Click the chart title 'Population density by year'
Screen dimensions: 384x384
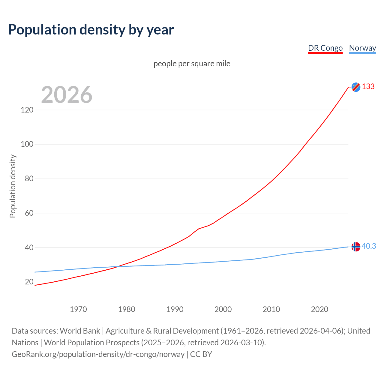[x=91, y=30]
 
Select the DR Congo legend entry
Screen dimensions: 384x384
[x=325, y=48]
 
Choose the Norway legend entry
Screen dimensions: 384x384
[x=362, y=48]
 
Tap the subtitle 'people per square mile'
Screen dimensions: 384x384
[x=192, y=64]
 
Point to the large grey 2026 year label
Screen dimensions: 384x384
[x=67, y=95]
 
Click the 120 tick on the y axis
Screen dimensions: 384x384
[x=27, y=110]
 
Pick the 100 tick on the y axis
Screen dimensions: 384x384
[x=27, y=144]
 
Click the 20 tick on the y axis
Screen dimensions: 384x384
[x=29, y=282]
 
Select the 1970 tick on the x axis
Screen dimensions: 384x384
[x=78, y=309]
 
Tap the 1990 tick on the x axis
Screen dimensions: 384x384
[x=175, y=309]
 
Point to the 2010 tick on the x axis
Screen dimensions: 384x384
[x=271, y=309]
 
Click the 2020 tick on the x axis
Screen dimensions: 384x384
[x=319, y=309]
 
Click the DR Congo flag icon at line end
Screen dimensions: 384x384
[x=356, y=87]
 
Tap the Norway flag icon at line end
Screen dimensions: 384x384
[x=356, y=247]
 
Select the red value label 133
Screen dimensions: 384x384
[x=368, y=87]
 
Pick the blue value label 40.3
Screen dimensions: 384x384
[x=369, y=246]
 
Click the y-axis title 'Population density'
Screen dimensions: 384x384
[x=13, y=186]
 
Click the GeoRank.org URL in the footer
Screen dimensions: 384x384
[x=98, y=354]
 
